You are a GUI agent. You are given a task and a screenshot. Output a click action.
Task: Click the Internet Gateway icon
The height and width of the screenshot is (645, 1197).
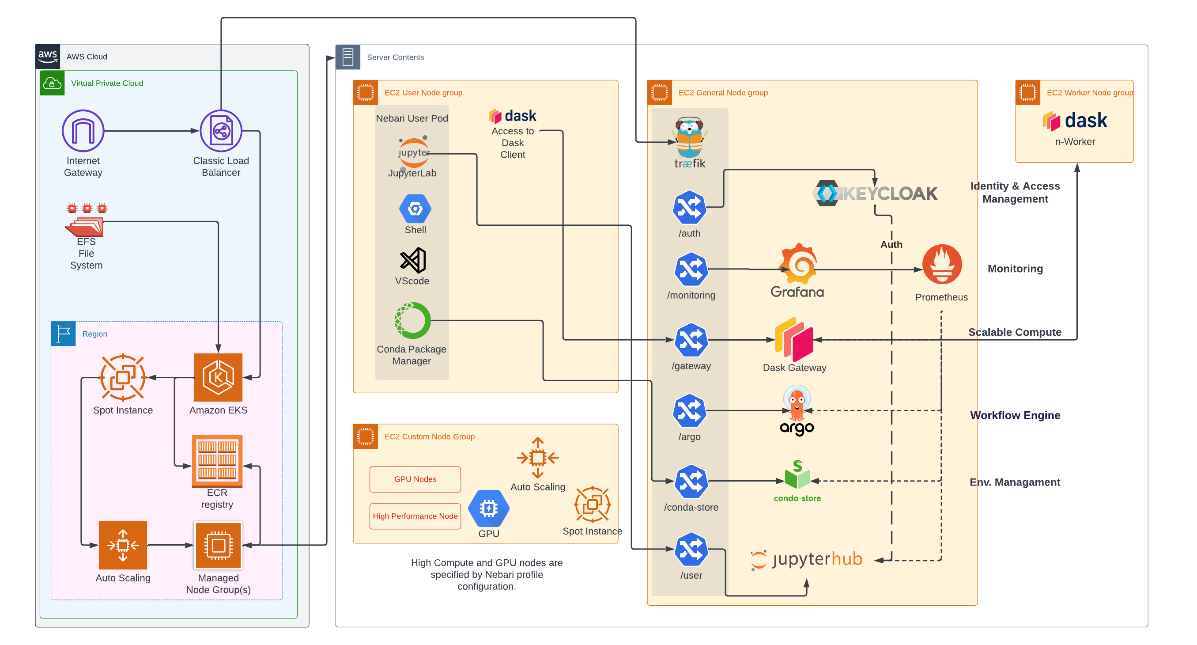[83, 131]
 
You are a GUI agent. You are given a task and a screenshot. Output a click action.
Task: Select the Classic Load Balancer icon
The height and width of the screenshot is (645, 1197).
[221, 131]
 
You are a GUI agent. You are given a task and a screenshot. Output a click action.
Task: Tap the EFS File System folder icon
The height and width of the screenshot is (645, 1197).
[85, 226]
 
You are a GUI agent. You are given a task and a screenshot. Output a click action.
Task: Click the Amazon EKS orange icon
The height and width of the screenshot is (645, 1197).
[218, 377]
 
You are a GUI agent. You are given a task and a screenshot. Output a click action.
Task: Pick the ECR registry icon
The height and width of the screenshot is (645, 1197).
[217, 460]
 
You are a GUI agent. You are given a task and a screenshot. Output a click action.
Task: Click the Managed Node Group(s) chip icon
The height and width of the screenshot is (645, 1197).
[218, 545]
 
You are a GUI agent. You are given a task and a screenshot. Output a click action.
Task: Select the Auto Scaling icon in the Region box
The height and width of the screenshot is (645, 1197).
[123, 545]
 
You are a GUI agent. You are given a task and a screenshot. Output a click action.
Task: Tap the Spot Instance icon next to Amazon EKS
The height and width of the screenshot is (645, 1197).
[123, 377]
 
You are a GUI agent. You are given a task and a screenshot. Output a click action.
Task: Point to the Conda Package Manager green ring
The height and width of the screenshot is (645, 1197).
[413, 320]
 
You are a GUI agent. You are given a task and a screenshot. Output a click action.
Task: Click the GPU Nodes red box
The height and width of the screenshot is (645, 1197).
[415, 479]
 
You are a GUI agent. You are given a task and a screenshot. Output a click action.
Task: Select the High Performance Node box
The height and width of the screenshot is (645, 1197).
[415, 516]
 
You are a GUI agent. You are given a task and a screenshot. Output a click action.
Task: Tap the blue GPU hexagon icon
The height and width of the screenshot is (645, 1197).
[488, 508]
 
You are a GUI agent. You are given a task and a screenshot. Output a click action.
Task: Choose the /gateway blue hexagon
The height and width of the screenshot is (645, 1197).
[691, 340]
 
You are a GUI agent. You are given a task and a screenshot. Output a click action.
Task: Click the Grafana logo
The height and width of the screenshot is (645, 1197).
[798, 264]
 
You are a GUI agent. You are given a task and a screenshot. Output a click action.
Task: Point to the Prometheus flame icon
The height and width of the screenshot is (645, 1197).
[942, 264]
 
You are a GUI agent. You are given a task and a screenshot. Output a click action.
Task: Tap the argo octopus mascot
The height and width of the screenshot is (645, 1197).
[797, 402]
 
